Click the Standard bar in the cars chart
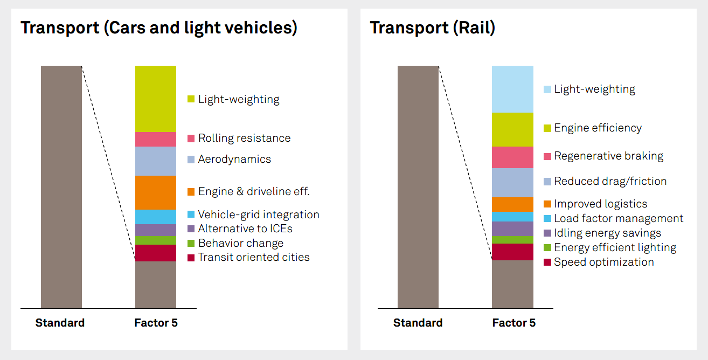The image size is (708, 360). point(61,187)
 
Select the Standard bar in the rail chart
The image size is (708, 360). point(418,187)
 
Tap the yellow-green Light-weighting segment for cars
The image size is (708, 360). point(156,99)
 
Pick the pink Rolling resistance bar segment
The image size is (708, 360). point(156,139)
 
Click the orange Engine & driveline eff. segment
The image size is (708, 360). point(156,192)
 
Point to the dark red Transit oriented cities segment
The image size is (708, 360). point(156,253)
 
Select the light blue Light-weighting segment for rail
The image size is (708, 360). point(512,89)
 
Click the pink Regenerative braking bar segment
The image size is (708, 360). point(512,157)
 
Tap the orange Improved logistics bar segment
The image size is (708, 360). point(512,204)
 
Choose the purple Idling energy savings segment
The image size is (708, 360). point(512,229)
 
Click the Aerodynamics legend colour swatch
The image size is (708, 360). point(191,160)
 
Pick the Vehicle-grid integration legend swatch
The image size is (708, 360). point(191,214)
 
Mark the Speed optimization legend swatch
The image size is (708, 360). point(547,262)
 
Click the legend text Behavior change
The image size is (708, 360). point(241,243)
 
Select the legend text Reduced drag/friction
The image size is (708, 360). point(610,181)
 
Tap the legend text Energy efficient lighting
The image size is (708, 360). point(615,247)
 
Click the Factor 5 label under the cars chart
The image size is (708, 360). point(156,323)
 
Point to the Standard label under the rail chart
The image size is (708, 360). point(418,323)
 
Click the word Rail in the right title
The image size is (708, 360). point(474,27)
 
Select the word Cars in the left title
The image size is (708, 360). point(126,27)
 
